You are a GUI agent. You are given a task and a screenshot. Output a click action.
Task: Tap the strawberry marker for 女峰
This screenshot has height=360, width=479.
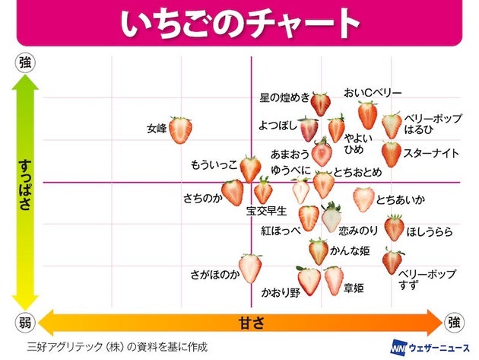(x=180, y=130)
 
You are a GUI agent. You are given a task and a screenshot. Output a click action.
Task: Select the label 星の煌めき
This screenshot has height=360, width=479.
(x=284, y=98)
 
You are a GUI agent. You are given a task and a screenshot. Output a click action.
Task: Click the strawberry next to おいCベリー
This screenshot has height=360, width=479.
(x=368, y=115)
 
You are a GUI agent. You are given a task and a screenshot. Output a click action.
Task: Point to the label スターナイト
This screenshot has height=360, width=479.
(x=431, y=154)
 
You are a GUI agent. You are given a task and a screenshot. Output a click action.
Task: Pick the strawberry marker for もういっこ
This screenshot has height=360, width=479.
(x=250, y=168)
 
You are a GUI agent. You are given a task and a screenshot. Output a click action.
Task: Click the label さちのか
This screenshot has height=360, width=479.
(x=201, y=199)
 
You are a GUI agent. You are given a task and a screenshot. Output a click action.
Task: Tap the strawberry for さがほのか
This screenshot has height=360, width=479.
(x=250, y=268)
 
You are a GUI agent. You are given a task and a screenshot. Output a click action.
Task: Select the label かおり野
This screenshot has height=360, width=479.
(x=281, y=292)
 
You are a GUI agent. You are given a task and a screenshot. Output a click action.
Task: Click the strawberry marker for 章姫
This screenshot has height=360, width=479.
(x=334, y=280)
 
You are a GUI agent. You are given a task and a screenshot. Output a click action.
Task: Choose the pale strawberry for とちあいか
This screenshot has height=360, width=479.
(x=363, y=199)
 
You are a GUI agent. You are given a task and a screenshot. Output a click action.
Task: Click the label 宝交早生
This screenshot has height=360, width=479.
(x=266, y=211)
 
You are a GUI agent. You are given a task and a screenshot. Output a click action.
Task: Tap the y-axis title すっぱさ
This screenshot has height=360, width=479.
(x=24, y=186)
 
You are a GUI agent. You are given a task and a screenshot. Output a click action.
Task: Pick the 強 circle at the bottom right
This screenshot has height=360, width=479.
(x=455, y=323)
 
